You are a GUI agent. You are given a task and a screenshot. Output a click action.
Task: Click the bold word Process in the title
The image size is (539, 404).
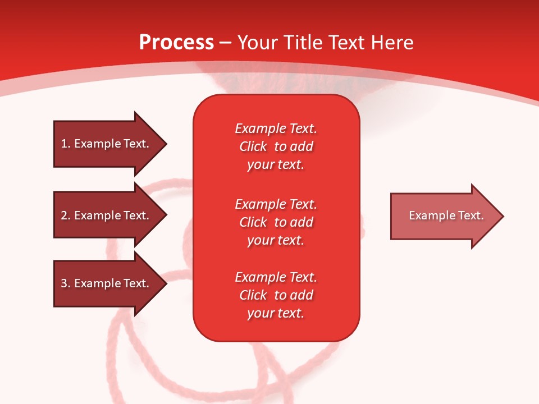[176, 43]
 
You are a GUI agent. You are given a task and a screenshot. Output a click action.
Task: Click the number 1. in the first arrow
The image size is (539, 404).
[65, 144]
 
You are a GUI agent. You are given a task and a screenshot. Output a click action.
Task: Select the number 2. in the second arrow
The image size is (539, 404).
[65, 215]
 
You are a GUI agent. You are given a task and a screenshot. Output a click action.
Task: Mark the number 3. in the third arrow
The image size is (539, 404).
[65, 283]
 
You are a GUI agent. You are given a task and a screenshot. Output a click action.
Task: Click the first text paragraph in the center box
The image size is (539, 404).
[276, 146]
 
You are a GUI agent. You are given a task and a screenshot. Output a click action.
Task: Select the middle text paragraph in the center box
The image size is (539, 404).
[276, 222]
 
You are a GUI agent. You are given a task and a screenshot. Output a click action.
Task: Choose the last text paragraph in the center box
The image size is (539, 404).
[276, 295]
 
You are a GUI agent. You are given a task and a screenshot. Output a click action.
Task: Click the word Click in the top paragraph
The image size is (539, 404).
[253, 146]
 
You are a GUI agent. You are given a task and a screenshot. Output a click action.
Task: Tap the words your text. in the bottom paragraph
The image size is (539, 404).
[276, 313]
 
